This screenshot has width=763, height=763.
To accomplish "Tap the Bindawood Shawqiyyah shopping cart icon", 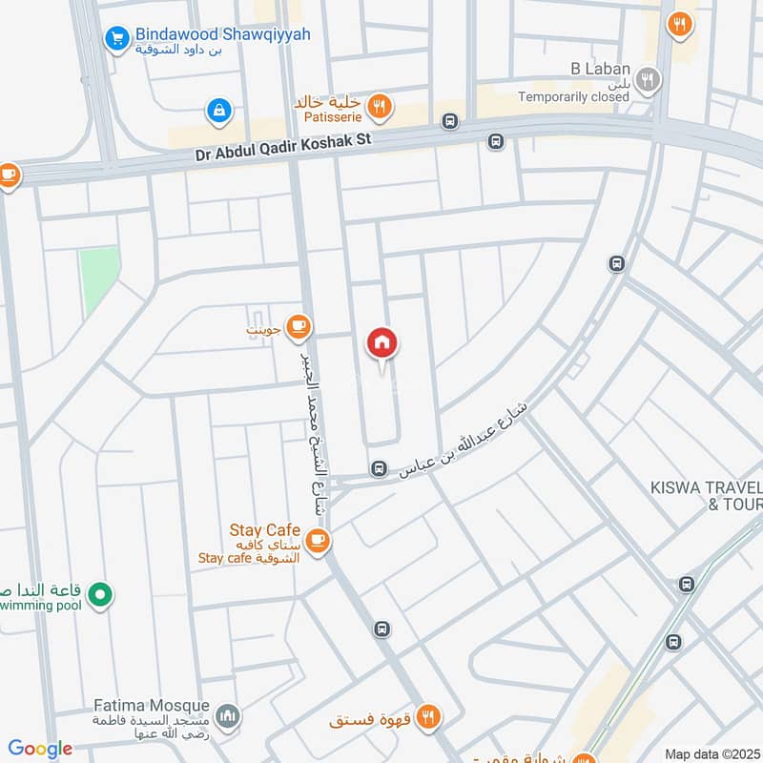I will [117, 38].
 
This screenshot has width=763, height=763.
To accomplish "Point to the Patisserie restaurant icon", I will [380, 107].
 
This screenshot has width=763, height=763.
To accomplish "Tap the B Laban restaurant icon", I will [648, 79].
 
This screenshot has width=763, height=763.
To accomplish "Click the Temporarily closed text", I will [573, 96].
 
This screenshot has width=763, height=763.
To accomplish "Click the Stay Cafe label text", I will [265, 529].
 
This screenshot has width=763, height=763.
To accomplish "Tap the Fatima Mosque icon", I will [227, 715].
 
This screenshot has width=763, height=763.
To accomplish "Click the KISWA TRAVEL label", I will [706, 486].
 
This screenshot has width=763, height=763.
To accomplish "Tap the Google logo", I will [40, 749].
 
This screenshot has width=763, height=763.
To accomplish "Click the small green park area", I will [99, 278].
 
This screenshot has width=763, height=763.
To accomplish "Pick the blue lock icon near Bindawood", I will [219, 112].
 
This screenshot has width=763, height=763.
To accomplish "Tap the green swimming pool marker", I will [98, 597].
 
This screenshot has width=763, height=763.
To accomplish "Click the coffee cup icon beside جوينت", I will [299, 327].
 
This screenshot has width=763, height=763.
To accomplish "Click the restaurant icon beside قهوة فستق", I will [429, 715].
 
